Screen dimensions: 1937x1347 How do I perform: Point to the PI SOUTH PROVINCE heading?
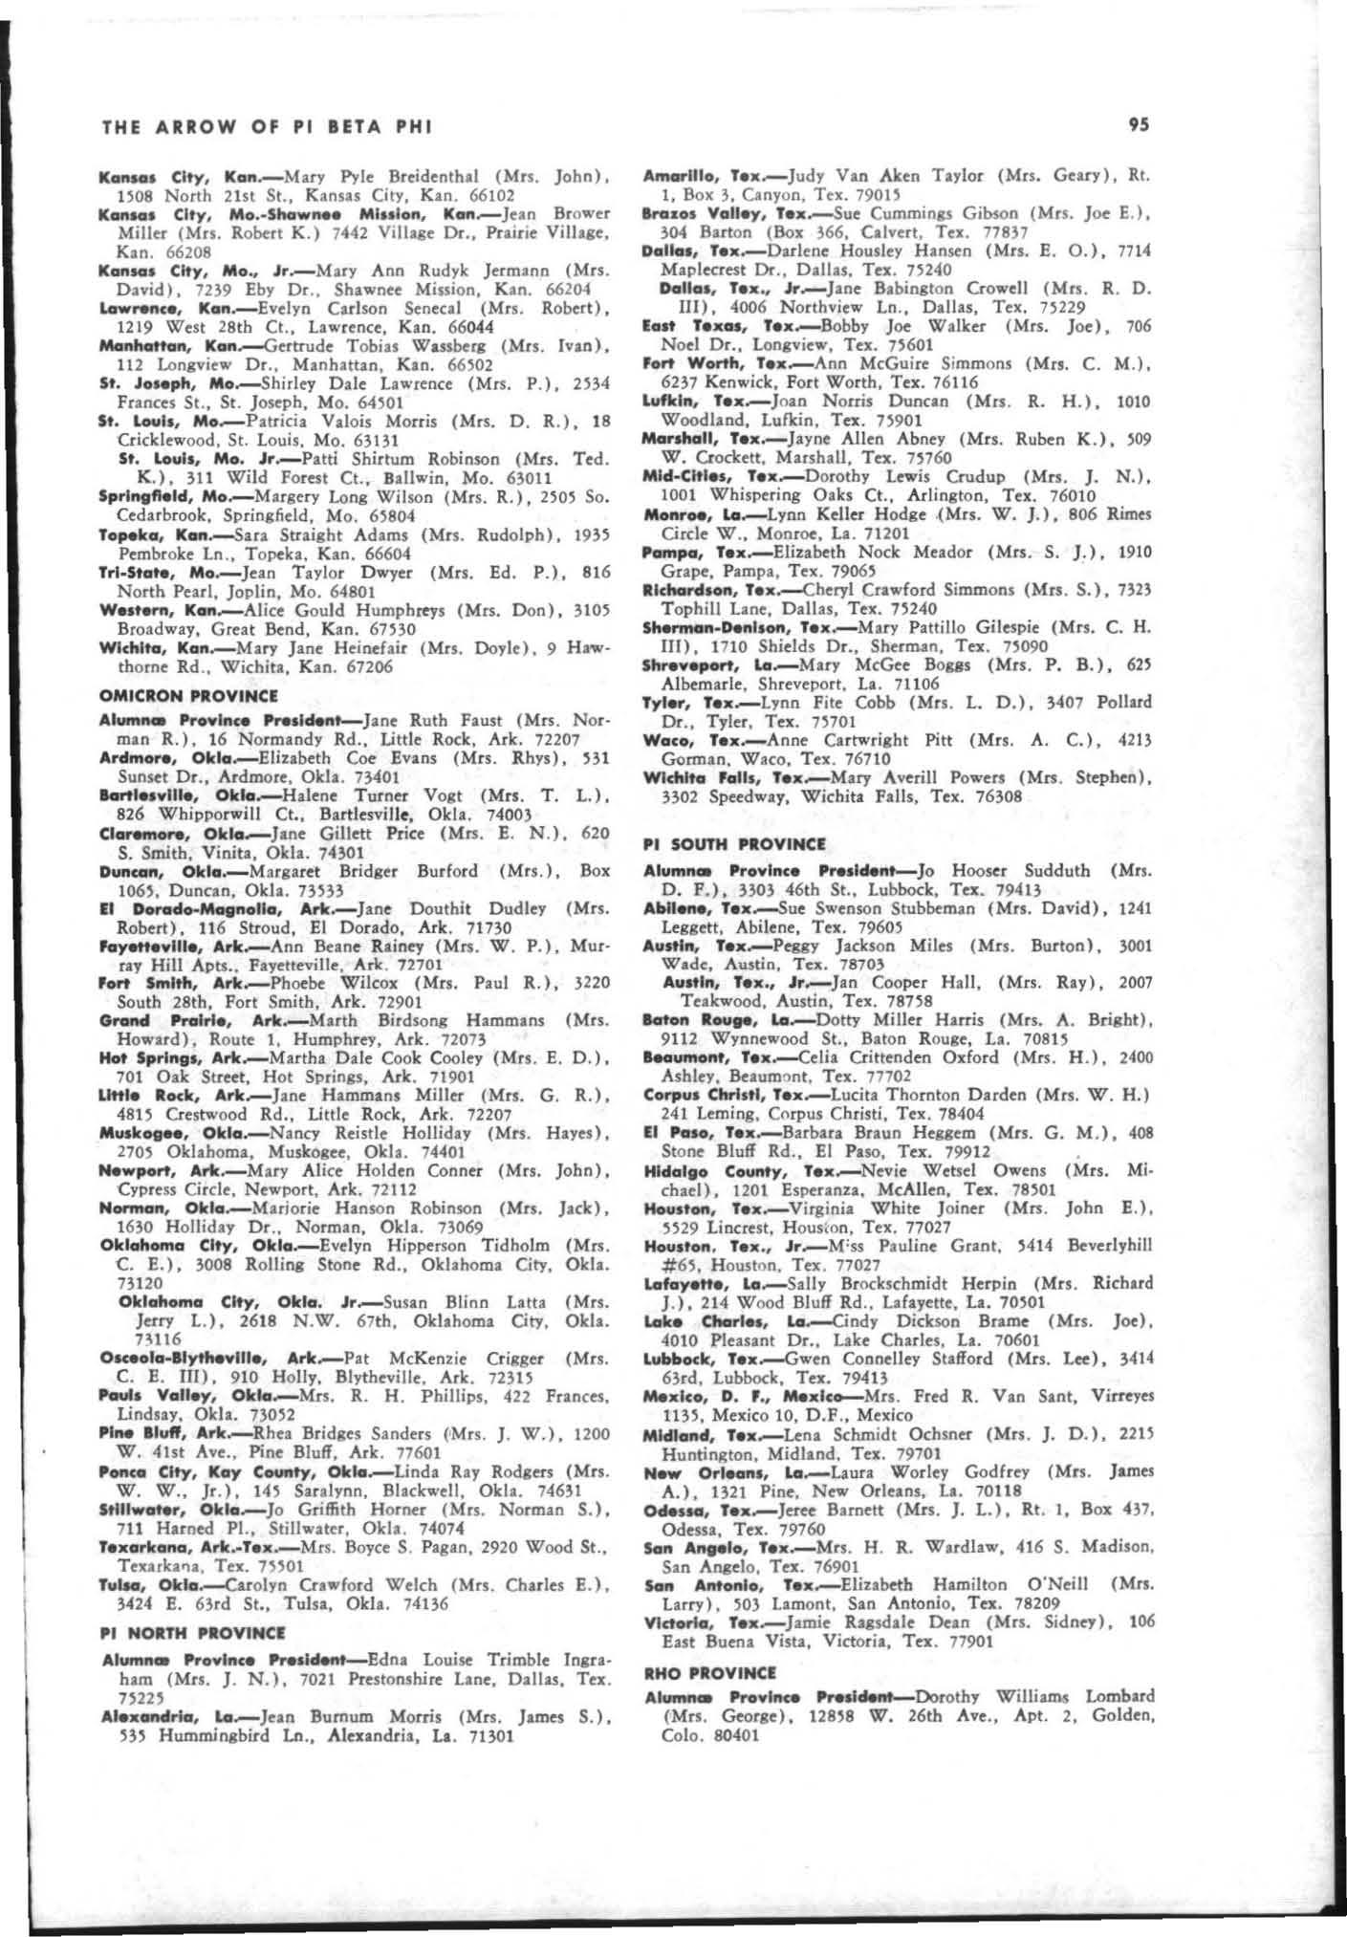point(734,844)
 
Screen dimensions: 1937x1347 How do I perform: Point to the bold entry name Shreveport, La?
point(692,665)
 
